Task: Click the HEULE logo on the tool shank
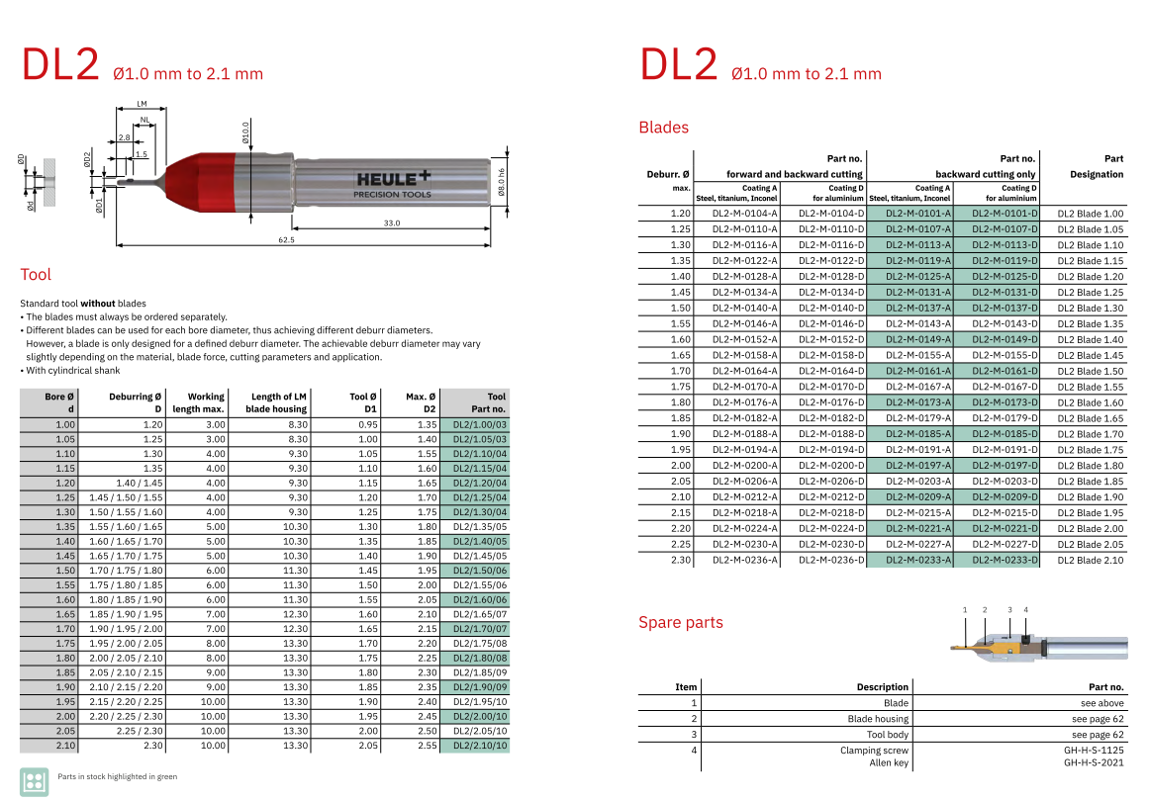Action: point(393,184)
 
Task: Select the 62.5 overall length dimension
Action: point(287,239)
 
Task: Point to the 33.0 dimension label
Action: point(392,222)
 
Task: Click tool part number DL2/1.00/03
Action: point(479,424)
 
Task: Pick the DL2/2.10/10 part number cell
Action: point(479,746)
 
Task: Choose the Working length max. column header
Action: point(198,402)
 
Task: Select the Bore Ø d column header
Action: point(58,402)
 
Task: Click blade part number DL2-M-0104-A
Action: point(744,214)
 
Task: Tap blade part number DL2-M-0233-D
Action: point(1005,560)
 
